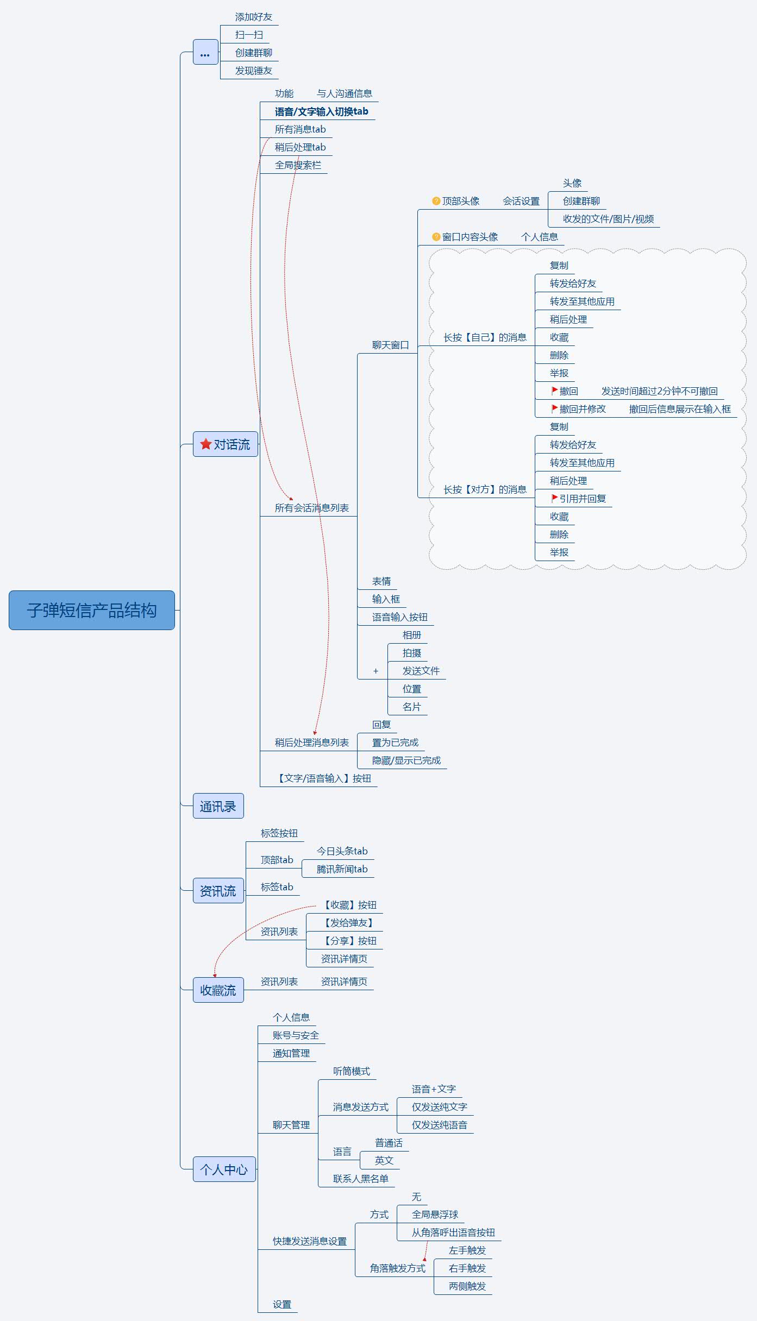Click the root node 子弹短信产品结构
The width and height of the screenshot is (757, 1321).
coord(91,610)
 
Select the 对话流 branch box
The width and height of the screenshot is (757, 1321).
coord(226,444)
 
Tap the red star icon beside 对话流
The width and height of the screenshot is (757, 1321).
coord(205,444)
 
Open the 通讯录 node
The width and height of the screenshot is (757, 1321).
coord(218,806)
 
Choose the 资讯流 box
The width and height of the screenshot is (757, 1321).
coord(218,891)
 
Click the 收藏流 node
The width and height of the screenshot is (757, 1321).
coord(218,990)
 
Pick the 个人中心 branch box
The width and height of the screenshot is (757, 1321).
coord(224,1169)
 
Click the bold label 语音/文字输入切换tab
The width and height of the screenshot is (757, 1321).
coord(321,111)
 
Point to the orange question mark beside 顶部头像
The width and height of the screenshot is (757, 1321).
coord(436,201)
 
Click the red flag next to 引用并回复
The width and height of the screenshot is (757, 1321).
coord(554,498)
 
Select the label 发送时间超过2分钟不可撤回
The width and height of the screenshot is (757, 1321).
coord(659,391)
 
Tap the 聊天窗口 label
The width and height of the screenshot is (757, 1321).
coord(390,345)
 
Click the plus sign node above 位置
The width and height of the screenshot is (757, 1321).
coord(376,671)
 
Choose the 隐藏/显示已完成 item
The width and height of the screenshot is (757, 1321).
coord(406,760)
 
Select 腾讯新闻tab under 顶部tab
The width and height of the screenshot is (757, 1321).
coord(342,869)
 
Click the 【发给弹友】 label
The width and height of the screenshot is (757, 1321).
coord(348,923)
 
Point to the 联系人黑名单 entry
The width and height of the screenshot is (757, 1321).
coord(360,1179)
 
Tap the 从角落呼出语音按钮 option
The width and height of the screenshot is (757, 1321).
coord(453,1232)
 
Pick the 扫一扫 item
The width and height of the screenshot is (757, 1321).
coord(249,35)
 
